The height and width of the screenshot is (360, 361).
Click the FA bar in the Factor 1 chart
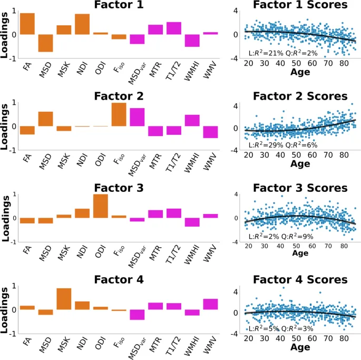(27, 24)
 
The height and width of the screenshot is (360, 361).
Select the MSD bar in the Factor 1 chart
(45, 43)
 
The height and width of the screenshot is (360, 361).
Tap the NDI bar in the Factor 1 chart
(82, 24)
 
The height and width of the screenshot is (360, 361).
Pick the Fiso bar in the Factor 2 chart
(119, 114)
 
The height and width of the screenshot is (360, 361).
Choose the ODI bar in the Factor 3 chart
(101, 206)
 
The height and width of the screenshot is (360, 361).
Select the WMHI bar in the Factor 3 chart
(192, 222)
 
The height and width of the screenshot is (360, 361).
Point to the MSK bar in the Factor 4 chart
(64, 299)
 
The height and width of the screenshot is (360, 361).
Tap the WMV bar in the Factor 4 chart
(210, 304)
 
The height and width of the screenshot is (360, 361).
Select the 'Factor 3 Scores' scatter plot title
(300, 188)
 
